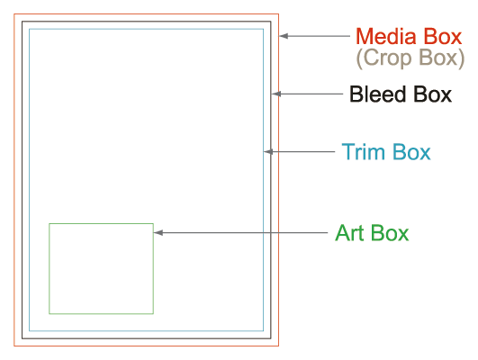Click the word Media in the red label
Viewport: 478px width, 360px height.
click(x=386, y=37)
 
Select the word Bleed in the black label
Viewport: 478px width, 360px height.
click(x=377, y=94)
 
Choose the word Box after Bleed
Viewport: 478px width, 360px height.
click(x=432, y=94)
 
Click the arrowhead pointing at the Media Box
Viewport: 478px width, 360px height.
click(x=284, y=36)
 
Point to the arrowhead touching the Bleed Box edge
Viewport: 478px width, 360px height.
click(x=275, y=94)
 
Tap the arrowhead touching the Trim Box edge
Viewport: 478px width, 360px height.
click(x=268, y=151)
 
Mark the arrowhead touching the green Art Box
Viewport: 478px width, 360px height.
click(x=158, y=232)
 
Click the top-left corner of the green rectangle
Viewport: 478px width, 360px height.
click(x=50, y=224)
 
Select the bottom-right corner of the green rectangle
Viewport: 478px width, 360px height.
click(x=153, y=313)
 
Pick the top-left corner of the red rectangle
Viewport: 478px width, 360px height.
click(x=14, y=13)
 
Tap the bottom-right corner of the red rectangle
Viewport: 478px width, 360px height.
click(x=279, y=346)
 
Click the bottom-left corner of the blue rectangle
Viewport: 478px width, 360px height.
click(x=30, y=330)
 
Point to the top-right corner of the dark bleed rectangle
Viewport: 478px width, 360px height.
click(x=271, y=22)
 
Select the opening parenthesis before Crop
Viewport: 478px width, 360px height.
click(x=359, y=58)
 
